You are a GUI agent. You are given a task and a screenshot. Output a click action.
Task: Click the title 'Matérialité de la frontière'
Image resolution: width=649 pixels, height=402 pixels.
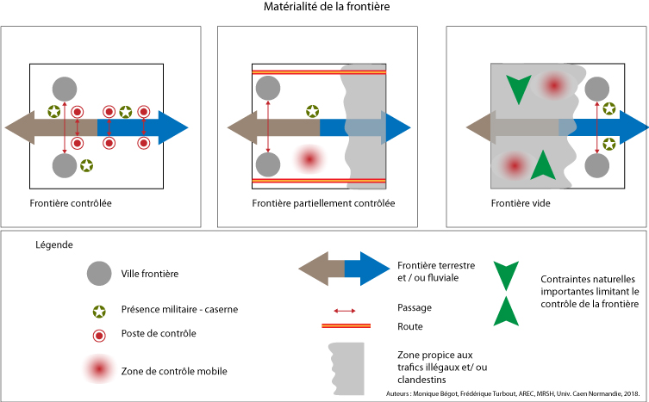pyautogui.click(x=327, y=7)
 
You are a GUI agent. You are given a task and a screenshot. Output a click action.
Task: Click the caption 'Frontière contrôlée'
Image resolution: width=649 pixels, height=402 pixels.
pyautogui.click(x=71, y=203)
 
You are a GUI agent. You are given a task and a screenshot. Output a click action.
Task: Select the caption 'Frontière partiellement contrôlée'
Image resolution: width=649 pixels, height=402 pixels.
pyautogui.click(x=323, y=203)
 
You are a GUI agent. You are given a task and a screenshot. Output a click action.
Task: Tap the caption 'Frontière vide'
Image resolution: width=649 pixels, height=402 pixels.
pyautogui.click(x=521, y=203)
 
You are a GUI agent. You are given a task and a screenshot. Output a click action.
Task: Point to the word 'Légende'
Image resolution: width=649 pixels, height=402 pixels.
pyautogui.click(x=54, y=244)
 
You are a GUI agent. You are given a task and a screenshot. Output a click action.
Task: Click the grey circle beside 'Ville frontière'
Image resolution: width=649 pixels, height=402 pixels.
pyautogui.click(x=99, y=274)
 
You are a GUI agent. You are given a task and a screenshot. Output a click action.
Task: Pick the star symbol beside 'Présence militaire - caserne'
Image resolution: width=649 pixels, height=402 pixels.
pyautogui.click(x=99, y=312)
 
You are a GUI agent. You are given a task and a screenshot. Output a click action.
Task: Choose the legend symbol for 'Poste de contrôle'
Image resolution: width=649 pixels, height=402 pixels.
pyautogui.click(x=99, y=336)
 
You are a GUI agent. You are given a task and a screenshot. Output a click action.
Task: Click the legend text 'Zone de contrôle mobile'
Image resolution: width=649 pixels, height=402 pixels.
pyautogui.click(x=174, y=371)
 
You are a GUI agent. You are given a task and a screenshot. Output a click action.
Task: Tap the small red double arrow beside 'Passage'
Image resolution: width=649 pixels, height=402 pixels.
pyautogui.click(x=345, y=311)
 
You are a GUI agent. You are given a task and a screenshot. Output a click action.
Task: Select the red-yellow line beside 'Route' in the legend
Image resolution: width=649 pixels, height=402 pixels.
pyautogui.click(x=346, y=326)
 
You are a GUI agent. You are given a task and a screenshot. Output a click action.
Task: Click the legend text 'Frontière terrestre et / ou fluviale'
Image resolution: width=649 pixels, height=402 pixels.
pyautogui.click(x=436, y=271)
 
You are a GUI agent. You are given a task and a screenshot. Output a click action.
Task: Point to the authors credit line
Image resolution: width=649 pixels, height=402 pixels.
pyautogui.click(x=513, y=393)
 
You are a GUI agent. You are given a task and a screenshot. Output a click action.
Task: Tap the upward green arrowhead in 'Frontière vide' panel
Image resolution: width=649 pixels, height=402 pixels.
pyautogui.click(x=543, y=164)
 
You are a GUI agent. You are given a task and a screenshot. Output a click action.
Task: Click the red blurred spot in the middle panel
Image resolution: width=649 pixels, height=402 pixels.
pyautogui.click(x=309, y=158)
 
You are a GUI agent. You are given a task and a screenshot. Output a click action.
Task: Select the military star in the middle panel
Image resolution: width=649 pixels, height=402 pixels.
pyautogui.click(x=313, y=111)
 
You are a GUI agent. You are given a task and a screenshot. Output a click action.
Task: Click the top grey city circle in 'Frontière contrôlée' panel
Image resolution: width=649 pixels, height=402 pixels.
pyautogui.click(x=65, y=89)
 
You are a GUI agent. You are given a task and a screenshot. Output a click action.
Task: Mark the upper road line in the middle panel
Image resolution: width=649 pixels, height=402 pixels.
pyautogui.click(x=319, y=72)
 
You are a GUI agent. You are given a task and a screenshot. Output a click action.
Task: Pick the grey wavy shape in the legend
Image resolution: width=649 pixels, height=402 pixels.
pyautogui.click(x=346, y=368)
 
